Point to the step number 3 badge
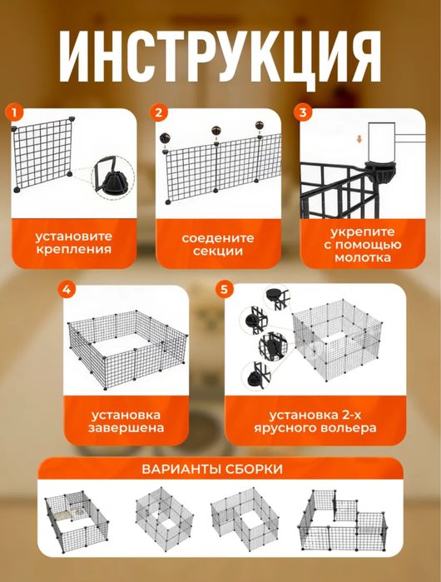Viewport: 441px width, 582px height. pos(303,112)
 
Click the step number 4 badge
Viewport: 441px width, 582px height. pos(68,289)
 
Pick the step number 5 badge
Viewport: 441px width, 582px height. pos(222,289)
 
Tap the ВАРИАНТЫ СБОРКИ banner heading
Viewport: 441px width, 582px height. pos(220,469)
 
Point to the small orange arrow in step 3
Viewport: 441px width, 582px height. pos(359,138)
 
